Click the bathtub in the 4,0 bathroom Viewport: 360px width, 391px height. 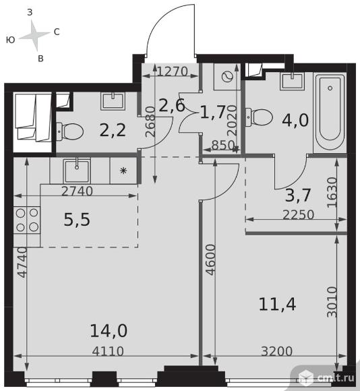click(x=330, y=111)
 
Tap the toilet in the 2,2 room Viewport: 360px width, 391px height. click(x=70, y=131)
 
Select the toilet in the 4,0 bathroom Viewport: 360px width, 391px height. click(x=260, y=117)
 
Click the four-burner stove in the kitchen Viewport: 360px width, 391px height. click(x=27, y=220)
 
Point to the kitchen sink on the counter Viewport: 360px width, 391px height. click(x=77, y=171)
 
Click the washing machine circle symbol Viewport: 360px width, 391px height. click(x=228, y=77)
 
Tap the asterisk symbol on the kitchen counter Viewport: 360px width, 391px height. click(x=123, y=171)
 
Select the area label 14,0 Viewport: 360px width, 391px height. click(x=109, y=331)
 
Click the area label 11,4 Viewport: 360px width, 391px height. click(x=278, y=304)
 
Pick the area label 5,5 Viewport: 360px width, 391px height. click(x=77, y=220)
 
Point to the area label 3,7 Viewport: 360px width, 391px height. click(x=298, y=195)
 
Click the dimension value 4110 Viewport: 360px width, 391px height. click(x=108, y=351)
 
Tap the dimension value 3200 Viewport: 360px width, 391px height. click(x=276, y=351)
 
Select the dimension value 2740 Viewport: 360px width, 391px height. click(x=77, y=191)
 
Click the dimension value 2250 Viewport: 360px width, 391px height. click(x=299, y=214)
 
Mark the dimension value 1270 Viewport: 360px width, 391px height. click(x=173, y=71)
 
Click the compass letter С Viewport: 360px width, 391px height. click(x=57, y=32)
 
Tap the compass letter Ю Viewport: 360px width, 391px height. click(x=11, y=40)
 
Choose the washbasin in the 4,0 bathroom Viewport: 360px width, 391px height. click(x=293, y=81)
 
